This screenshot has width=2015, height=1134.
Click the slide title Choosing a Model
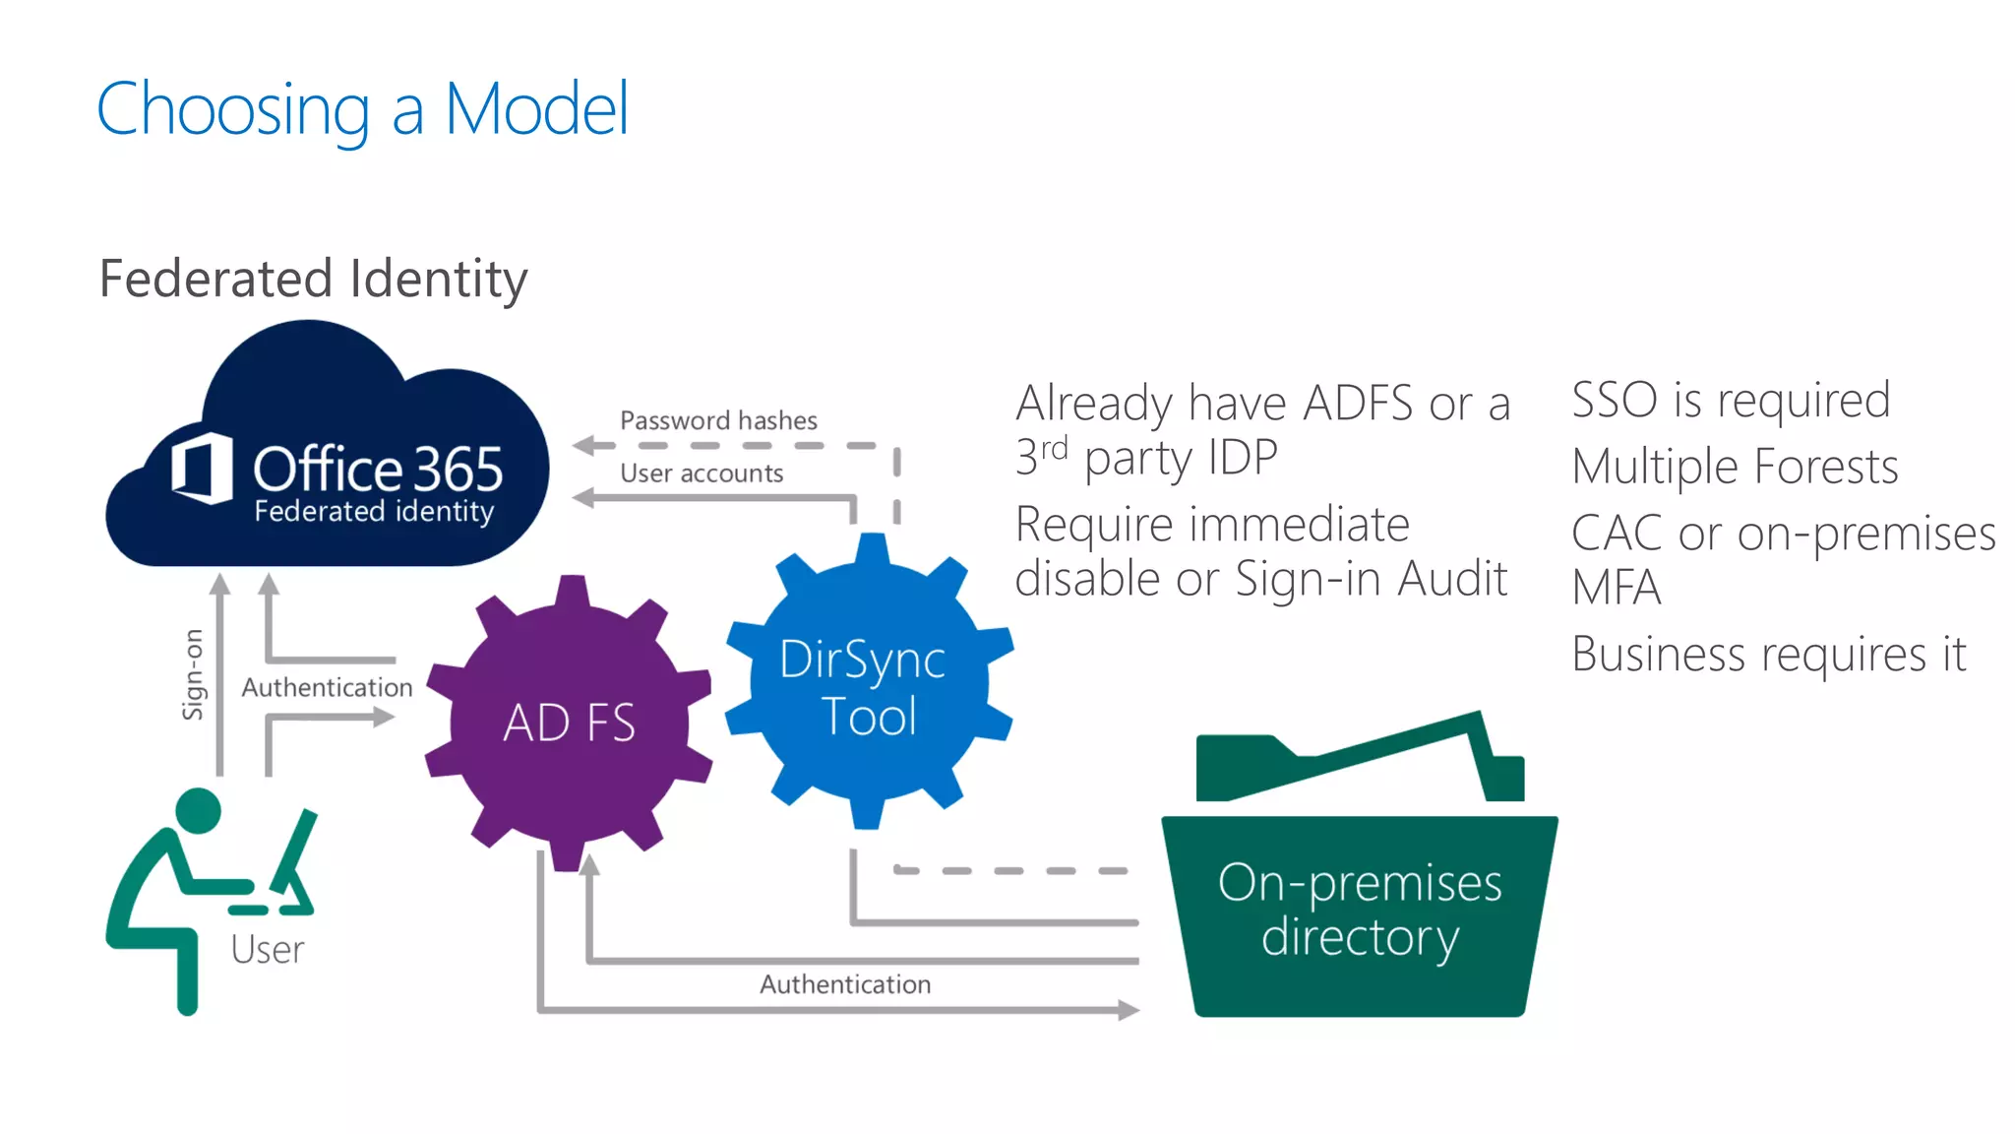point(362,109)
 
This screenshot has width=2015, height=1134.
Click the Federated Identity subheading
point(313,279)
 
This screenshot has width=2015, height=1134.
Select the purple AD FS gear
point(569,723)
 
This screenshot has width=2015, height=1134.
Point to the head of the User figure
point(199,810)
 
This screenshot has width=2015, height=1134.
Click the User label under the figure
point(267,950)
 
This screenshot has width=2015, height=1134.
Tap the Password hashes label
point(718,420)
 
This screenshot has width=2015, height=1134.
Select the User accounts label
point(702,473)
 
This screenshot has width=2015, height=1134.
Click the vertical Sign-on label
point(193,674)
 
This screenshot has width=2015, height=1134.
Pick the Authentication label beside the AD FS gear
point(327,687)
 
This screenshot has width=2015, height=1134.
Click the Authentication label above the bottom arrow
point(844,984)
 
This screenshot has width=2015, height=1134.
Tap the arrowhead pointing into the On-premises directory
point(1129,1010)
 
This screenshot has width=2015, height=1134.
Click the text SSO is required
point(1730,400)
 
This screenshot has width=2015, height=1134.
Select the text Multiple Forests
point(1735,467)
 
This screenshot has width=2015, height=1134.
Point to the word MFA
point(1616,589)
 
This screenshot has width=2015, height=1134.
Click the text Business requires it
point(1768,655)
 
